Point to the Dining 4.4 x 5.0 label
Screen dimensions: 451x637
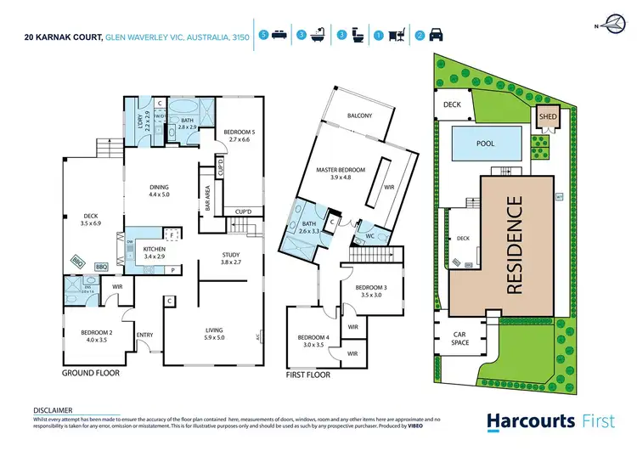click(159, 191)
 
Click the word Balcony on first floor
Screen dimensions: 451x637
click(360, 116)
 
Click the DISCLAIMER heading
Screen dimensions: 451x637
click(53, 409)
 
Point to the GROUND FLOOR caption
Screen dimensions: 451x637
click(91, 373)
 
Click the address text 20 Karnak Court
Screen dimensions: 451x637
click(65, 37)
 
